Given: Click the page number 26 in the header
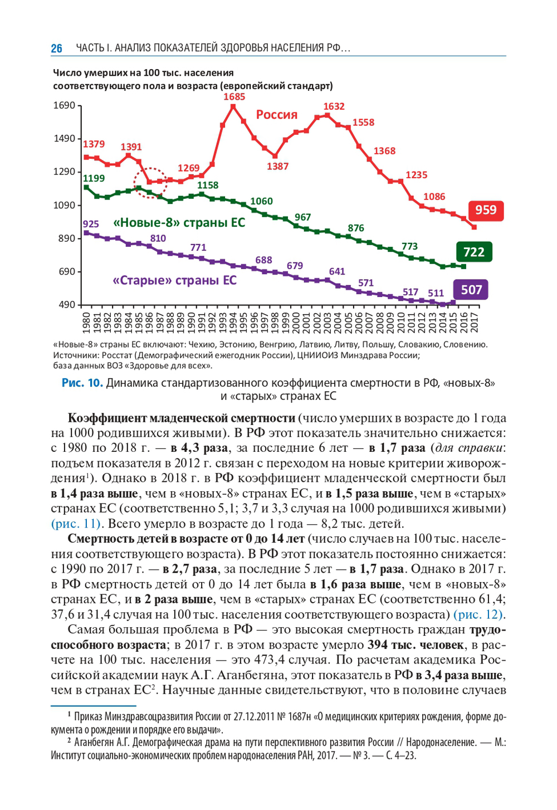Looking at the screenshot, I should pos(57,48).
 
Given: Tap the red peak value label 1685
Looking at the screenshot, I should pos(234,97).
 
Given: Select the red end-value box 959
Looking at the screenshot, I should pos(486,210).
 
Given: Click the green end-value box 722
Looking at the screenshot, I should pos(473,252).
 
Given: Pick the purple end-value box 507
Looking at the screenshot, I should pos(471,290).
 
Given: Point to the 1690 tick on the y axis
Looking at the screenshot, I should pos(64,106).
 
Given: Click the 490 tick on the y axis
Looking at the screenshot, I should pos(66,305).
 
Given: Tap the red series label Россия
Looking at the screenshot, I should pos(277,115).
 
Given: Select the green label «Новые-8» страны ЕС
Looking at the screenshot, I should pos(179,223).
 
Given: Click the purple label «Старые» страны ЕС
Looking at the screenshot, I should pos(174,280).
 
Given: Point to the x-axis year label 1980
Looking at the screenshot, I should pos(86,322).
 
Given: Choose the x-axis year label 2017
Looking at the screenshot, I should pos(474,322).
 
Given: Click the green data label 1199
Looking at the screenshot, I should pos(94,178).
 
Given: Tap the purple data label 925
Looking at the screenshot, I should pos(90,224).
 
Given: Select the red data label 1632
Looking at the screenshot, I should pos(334,106).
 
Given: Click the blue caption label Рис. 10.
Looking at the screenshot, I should pos(82,383).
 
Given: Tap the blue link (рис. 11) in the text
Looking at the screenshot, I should pos(76,524).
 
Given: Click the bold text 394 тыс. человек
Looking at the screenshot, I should pos(416,645).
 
